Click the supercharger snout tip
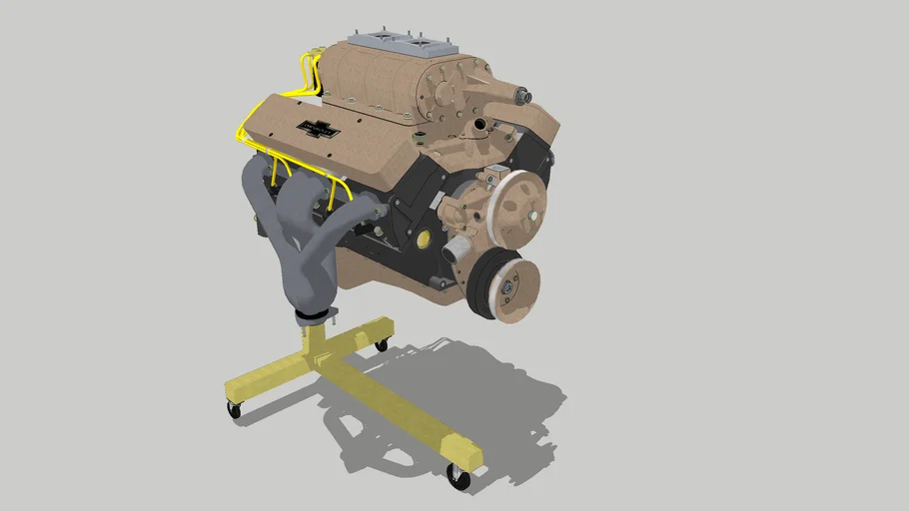(523, 97)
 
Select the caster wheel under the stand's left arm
(235, 409)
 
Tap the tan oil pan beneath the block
(400, 279)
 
